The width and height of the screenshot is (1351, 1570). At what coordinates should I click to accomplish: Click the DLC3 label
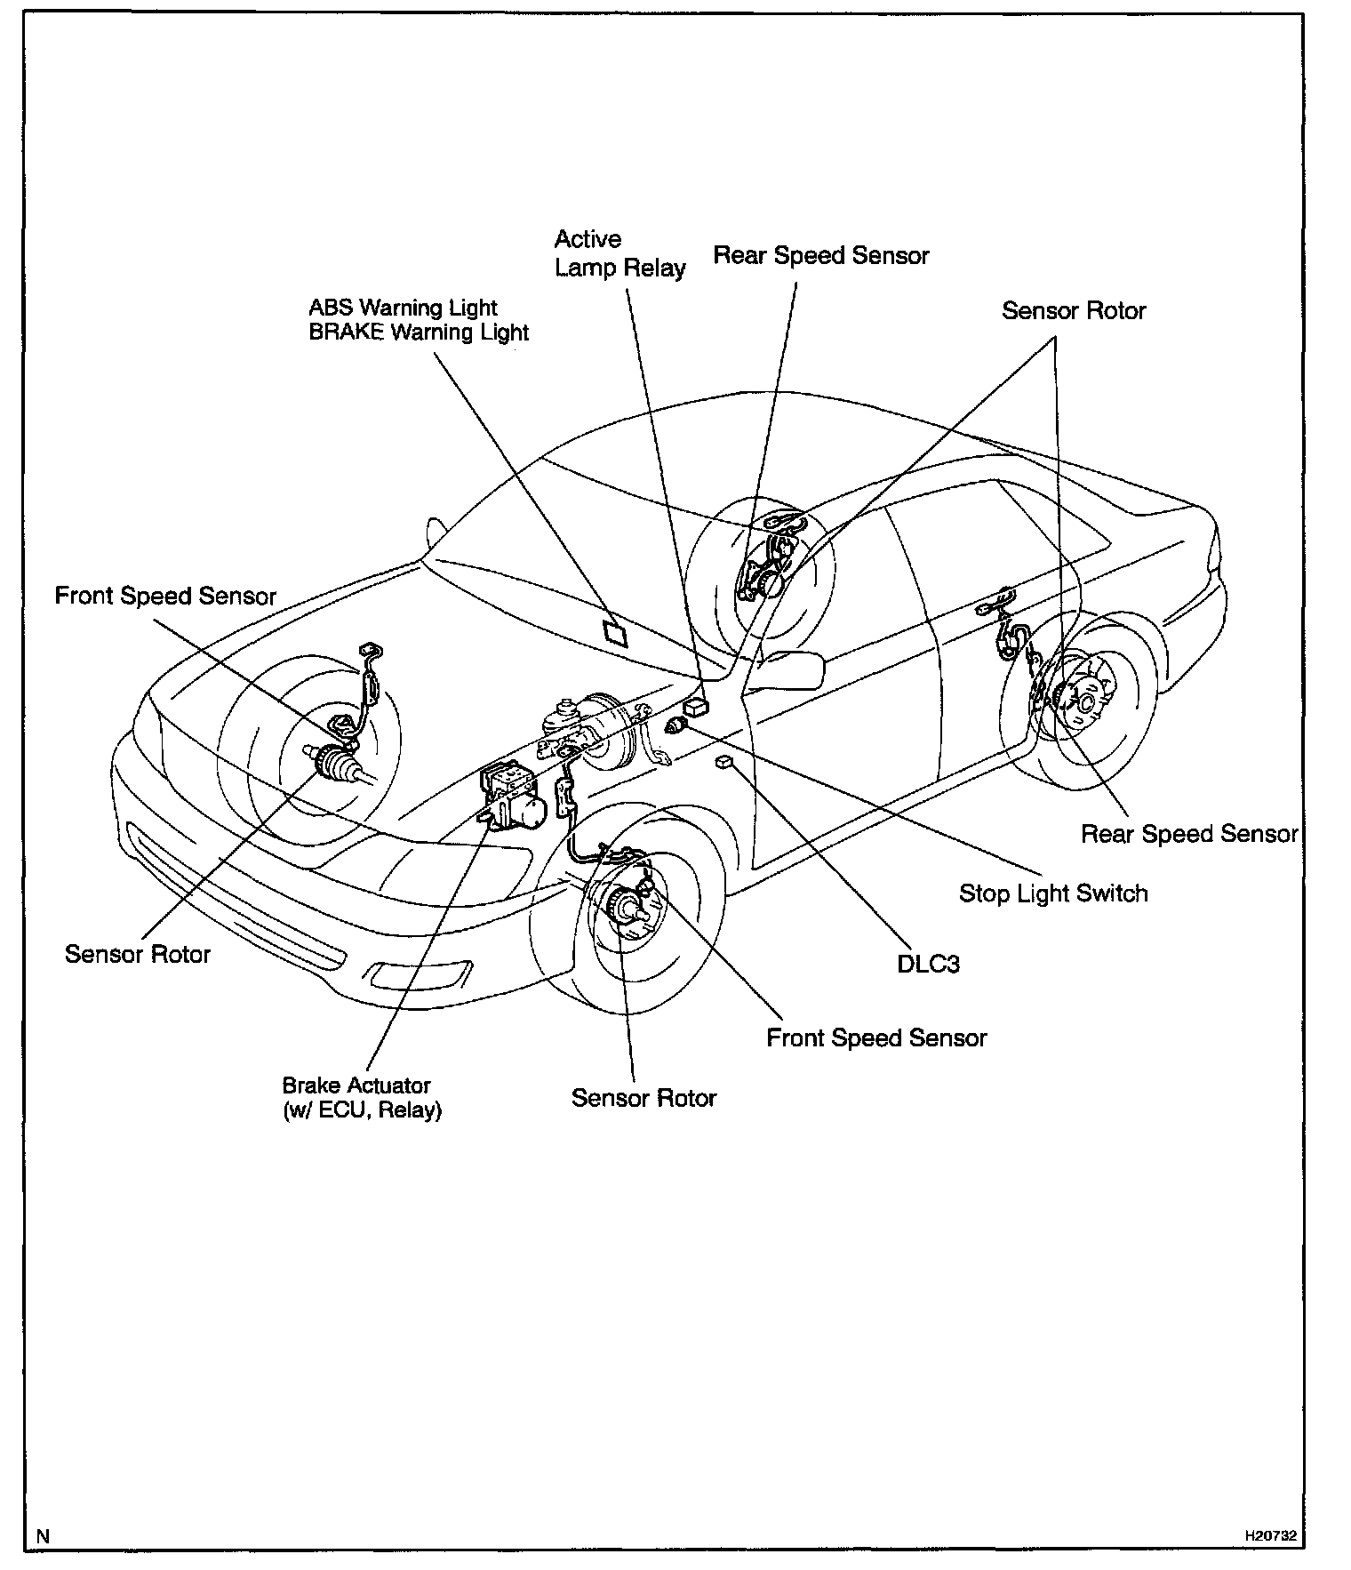928,964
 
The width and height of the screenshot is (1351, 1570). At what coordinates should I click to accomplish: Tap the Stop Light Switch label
1053,893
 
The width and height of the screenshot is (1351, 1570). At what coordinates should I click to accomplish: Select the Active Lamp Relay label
620,253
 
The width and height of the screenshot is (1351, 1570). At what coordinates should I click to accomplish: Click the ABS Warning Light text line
403,308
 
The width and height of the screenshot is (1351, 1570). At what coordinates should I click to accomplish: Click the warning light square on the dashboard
614,632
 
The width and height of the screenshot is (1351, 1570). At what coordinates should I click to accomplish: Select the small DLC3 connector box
724,761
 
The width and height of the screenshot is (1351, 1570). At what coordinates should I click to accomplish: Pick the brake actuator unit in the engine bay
514,794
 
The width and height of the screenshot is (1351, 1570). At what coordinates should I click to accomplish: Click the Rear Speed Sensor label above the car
820,256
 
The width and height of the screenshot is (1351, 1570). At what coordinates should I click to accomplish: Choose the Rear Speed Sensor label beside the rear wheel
1189,834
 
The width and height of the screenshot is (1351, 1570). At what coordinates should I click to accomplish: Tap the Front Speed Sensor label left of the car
165,596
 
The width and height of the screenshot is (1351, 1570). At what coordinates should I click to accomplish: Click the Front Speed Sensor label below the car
876,1038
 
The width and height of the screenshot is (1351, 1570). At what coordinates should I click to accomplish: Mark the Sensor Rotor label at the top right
1074,311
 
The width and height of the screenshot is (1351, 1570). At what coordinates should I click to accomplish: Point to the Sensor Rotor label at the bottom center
644,1098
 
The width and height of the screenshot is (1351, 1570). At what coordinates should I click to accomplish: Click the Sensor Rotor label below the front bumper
138,955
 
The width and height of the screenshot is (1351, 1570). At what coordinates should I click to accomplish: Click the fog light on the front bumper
418,974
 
